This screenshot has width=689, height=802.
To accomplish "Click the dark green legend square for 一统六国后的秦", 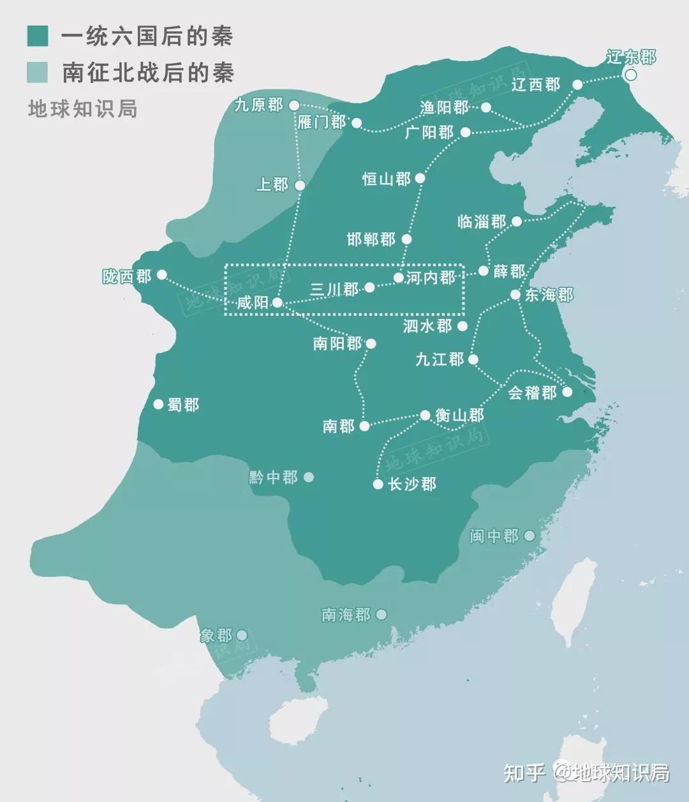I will click(x=38, y=36).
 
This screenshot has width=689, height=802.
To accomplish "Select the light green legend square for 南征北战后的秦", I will click(x=38, y=72).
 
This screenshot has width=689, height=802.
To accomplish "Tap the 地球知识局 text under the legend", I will click(x=82, y=108).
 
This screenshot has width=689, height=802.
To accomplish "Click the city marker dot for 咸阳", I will click(x=278, y=302).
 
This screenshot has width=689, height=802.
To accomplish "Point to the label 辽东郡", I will click(x=631, y=57).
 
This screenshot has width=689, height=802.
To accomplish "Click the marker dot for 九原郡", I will click(x=293, y=105).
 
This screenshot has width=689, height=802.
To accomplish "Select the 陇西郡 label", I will click(x=127, y=276).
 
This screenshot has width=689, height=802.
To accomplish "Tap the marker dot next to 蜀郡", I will click(x=158, y=404).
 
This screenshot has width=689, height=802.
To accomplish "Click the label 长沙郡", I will click(x=412, y=484).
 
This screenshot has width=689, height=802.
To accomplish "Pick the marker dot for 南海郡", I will click(x=382, y=614).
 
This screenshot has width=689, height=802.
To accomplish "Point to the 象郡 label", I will click(x=216, y=635).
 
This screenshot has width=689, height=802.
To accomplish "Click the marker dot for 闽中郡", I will click(x=529, y=536).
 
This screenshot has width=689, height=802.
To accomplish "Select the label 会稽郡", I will click(x=532, y=392).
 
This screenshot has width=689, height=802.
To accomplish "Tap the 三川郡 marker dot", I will click(x=369, y=288).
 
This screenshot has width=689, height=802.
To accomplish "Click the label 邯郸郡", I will click(x=371, y=239).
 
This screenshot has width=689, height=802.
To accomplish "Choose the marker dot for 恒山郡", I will click(x=420, y=178).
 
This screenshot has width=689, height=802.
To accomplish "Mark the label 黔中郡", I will click(x=273, y=477).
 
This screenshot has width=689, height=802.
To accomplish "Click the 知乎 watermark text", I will click(x=524, y=772).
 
